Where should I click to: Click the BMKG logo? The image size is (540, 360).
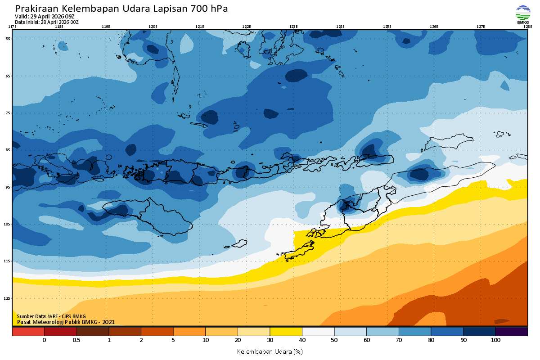522,14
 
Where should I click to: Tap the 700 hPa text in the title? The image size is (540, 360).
207,9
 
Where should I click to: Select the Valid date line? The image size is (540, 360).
45,17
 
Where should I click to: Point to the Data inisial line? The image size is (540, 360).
47,22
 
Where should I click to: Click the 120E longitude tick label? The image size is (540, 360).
153,27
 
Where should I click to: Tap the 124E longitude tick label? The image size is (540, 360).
340,27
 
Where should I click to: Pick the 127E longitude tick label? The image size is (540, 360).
481,27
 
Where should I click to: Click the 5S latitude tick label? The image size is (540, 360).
8,39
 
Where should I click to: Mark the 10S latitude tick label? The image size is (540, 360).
7,224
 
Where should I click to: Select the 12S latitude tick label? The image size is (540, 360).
7,298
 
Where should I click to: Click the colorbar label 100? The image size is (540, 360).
495,340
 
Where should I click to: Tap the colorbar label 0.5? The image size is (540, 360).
76,340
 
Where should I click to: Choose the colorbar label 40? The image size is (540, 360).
302,340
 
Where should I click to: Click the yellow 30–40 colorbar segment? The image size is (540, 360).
286,332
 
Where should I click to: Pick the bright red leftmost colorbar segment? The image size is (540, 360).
28,332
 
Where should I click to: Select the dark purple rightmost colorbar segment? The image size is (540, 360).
511,332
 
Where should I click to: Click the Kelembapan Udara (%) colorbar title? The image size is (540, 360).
270,351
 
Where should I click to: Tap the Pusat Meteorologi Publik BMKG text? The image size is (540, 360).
66,322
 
